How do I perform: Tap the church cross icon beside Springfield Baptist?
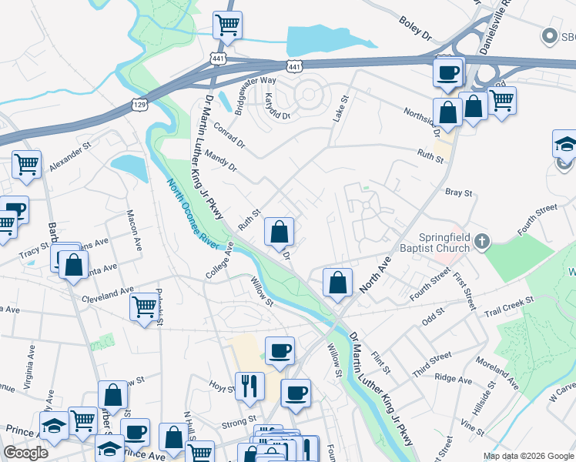click(482, 242)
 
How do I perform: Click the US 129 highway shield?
click(138, 102)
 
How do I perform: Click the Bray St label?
click(458, 192)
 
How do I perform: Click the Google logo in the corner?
click(26, 453)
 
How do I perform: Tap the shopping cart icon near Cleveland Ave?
click(144, 307)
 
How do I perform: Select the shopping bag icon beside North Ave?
click(337, 282)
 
